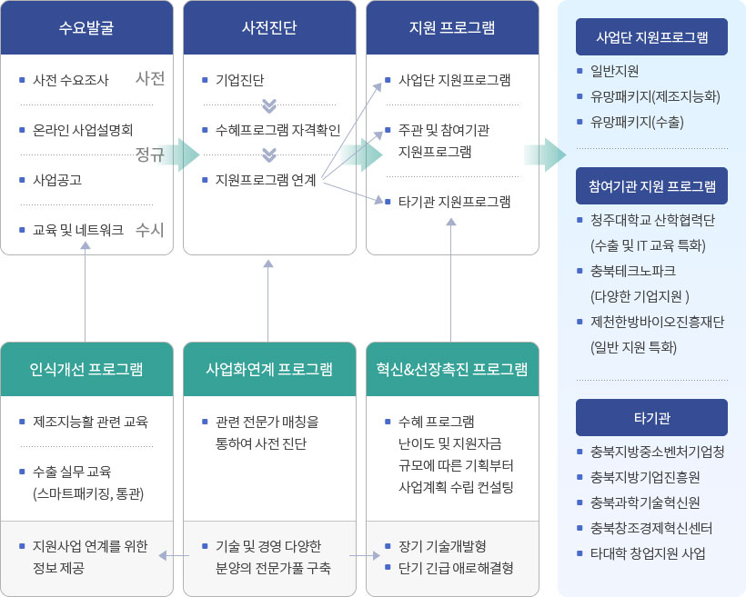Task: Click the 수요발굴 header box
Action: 86,27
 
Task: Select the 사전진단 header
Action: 268,27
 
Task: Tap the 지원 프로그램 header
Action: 452,27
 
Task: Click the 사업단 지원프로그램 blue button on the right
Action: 651,37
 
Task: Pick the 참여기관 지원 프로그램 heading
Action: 651,186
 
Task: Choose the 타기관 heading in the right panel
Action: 651,418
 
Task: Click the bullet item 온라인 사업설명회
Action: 82,130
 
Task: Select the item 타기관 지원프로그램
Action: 454,201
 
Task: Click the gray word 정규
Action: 149,154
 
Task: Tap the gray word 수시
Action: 149,230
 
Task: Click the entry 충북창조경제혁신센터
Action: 651,527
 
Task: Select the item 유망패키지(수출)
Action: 637,122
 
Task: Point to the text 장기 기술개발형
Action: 442,546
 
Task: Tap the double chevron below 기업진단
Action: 268,104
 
